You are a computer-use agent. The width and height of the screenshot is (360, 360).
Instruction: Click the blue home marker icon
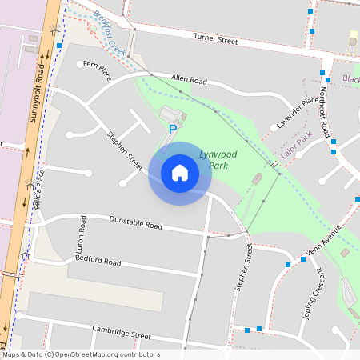click(180, 173)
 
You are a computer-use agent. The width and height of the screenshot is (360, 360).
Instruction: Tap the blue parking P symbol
click(172, 129)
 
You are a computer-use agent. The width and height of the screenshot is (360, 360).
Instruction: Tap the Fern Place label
click(95, 73)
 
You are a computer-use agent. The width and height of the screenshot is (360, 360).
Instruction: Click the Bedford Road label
click(98, 261)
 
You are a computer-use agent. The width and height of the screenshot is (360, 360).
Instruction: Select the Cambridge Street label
click(122, 332)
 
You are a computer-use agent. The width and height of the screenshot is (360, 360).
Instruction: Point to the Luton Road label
click(82, 231)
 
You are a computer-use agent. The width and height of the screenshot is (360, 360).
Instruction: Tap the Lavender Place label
click(298, 114)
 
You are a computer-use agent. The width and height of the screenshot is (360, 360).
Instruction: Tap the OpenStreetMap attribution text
click(80, 354)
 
